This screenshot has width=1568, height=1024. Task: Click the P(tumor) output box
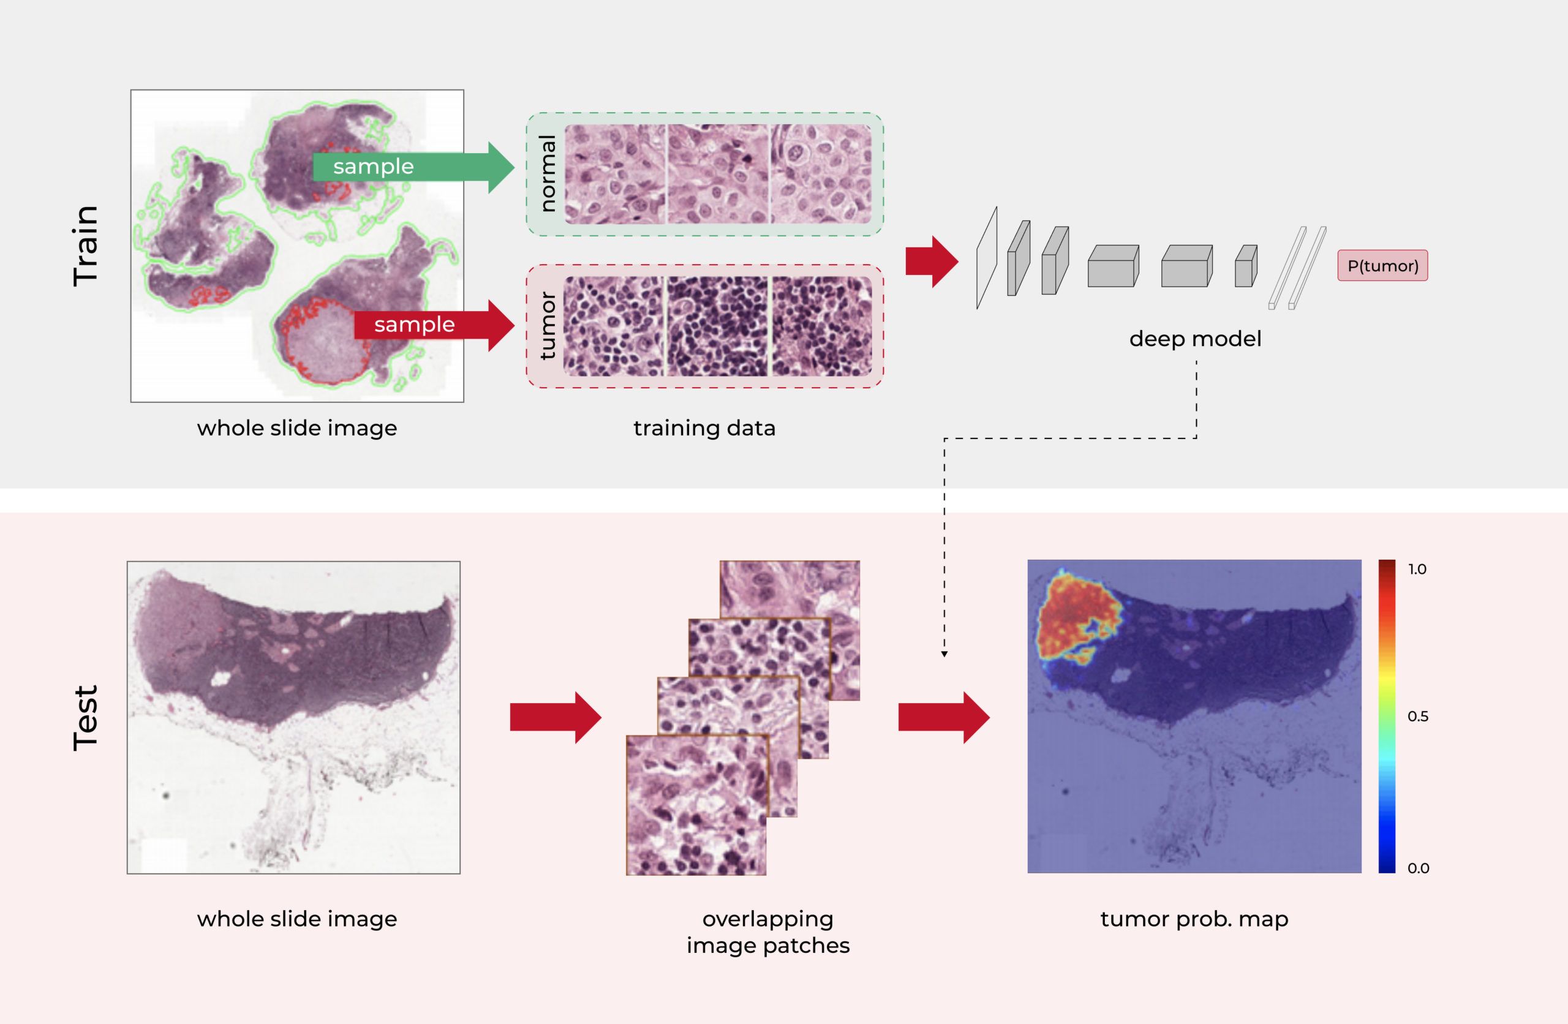tap(1382, 266)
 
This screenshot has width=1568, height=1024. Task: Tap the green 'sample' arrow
tap(413, 167)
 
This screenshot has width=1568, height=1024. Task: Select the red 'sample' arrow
tap(434, 325)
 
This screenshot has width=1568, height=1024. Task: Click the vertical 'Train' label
tap(86, 245)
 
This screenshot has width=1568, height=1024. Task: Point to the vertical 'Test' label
tap(86, 718)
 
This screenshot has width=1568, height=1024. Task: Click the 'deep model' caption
tap(1195, 339)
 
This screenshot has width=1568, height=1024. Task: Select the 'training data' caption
tap(704, 428)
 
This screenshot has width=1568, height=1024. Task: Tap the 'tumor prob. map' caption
tap(1194, 919)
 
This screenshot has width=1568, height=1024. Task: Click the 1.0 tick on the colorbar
tap(1417, 570)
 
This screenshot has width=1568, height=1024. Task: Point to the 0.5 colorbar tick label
tap(1418, 717)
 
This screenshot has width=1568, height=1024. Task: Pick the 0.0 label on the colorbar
tap(1418, 868)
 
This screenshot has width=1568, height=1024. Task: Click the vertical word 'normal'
tap(548, 173)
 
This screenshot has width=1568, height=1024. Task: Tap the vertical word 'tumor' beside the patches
tap(548, 326)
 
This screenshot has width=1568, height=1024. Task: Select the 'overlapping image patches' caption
tap(768, 932)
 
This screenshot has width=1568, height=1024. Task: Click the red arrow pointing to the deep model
tap(932, 262)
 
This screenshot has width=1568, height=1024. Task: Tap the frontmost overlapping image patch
tap(696, 805)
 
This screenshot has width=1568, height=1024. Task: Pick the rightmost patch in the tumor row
tap(821, 326)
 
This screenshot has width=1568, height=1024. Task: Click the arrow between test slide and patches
tap(556, 718)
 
